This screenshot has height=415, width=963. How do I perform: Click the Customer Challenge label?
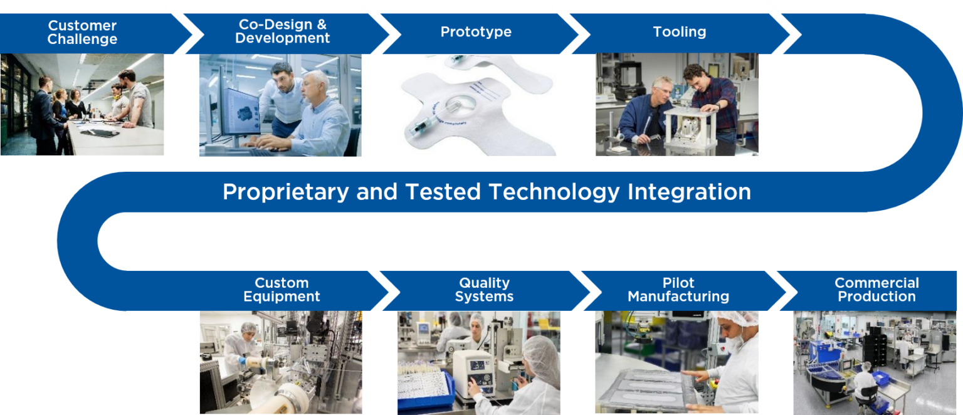[82, 33]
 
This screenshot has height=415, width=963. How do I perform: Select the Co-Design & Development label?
[282, 31]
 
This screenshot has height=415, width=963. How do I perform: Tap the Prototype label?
[476, 32]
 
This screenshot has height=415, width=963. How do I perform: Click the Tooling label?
[679, 32]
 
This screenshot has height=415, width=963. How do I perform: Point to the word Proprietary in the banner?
[285, 191]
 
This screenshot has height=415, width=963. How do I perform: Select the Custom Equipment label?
[282, 290]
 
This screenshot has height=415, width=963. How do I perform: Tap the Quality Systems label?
[484, 290]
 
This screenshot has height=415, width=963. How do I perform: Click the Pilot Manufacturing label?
[678, 290]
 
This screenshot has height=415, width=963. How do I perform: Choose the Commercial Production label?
[876, 290]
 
